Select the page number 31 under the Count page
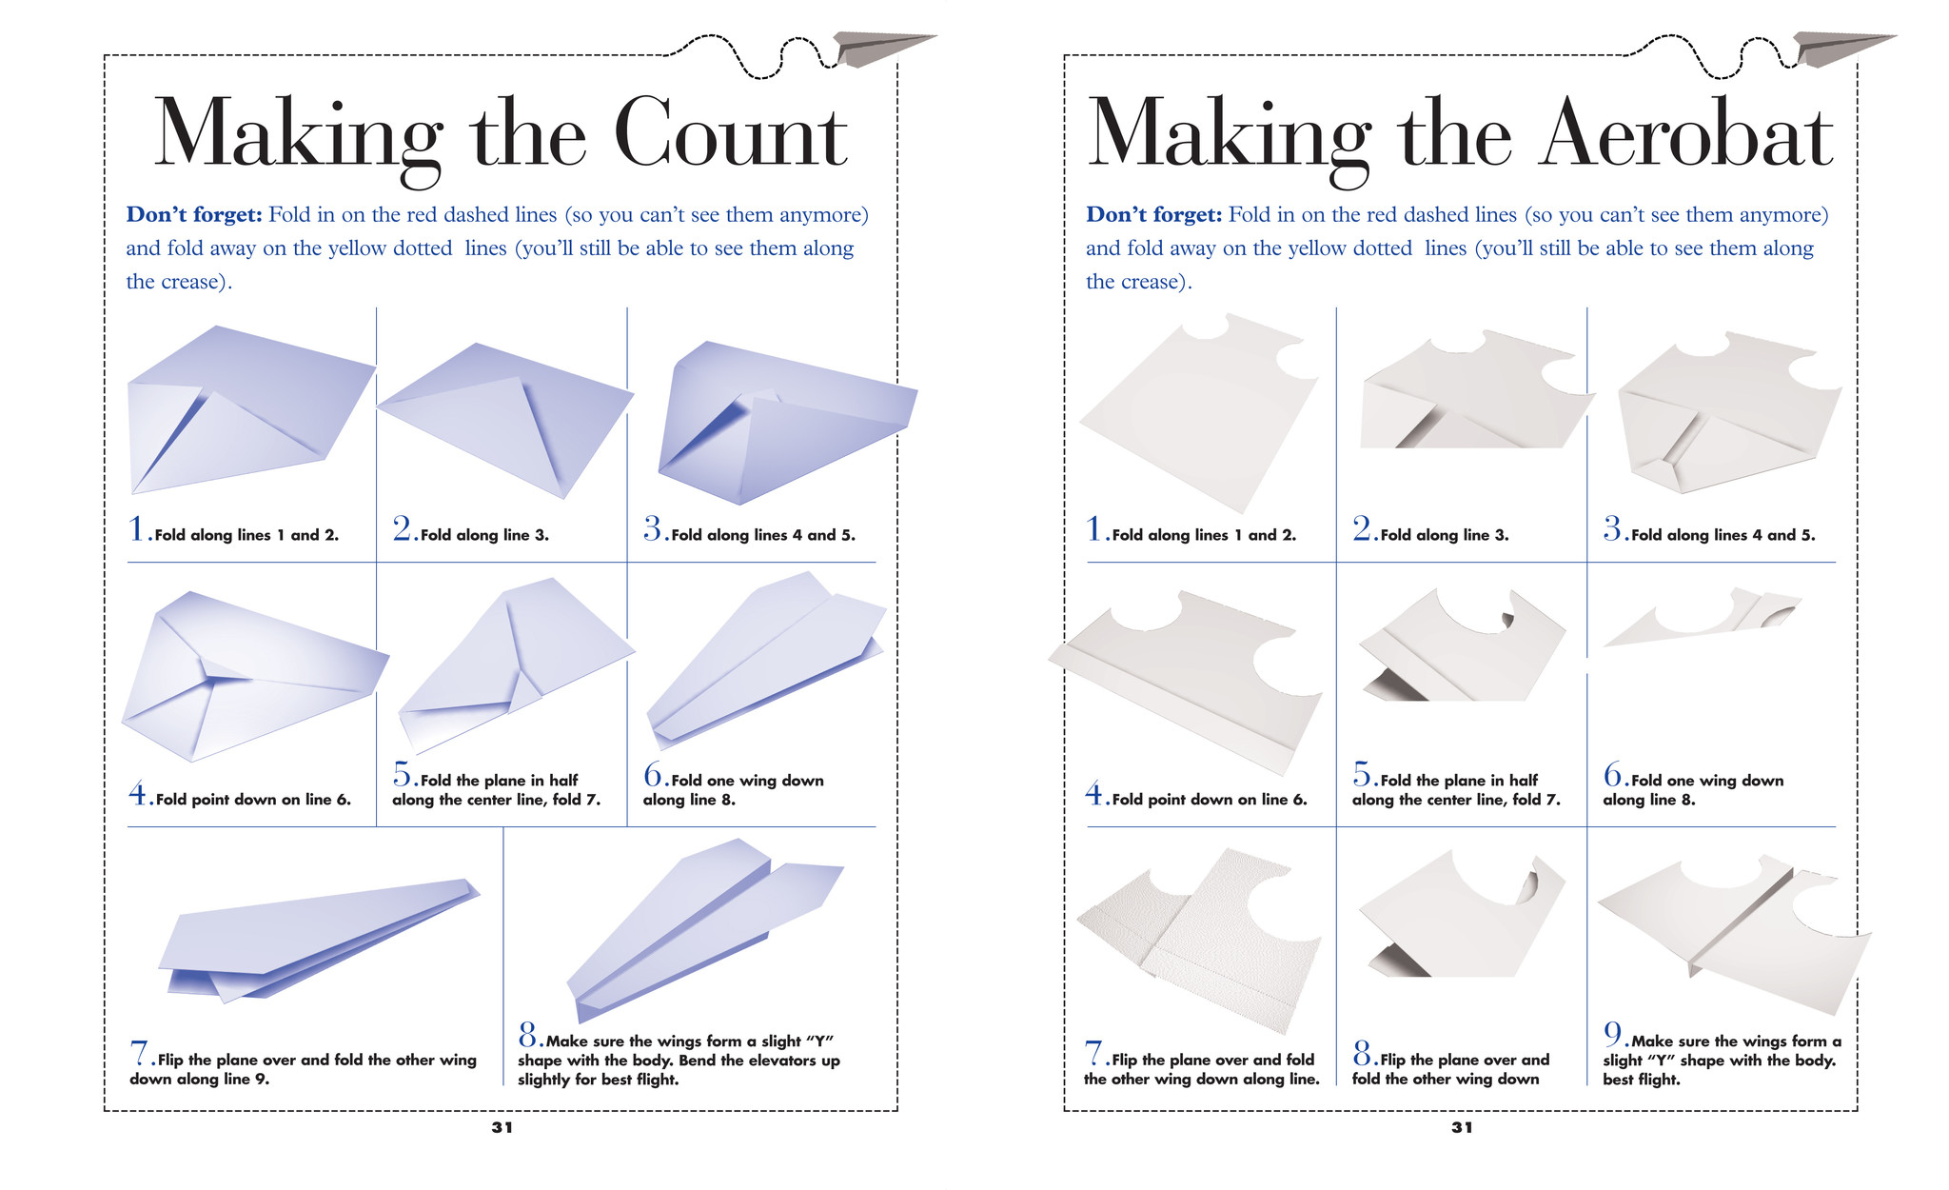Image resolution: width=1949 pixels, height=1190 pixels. click(x=502, y=1127)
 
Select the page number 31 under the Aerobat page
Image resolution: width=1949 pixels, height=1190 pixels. click(x=1462, y=1127)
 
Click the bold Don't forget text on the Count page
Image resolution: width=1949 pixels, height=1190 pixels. click(x=194, y=215)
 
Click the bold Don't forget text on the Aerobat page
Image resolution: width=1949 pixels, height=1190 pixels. click(x=1153, y=215)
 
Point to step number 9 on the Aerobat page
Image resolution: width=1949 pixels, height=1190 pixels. click(x=1613, y=1034)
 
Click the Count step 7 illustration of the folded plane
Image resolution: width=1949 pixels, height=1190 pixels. click(x=314, y=938)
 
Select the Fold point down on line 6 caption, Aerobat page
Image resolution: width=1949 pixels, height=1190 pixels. click(x=1209, y=800)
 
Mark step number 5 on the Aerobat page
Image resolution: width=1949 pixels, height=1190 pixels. click(x=1362, y=774)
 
